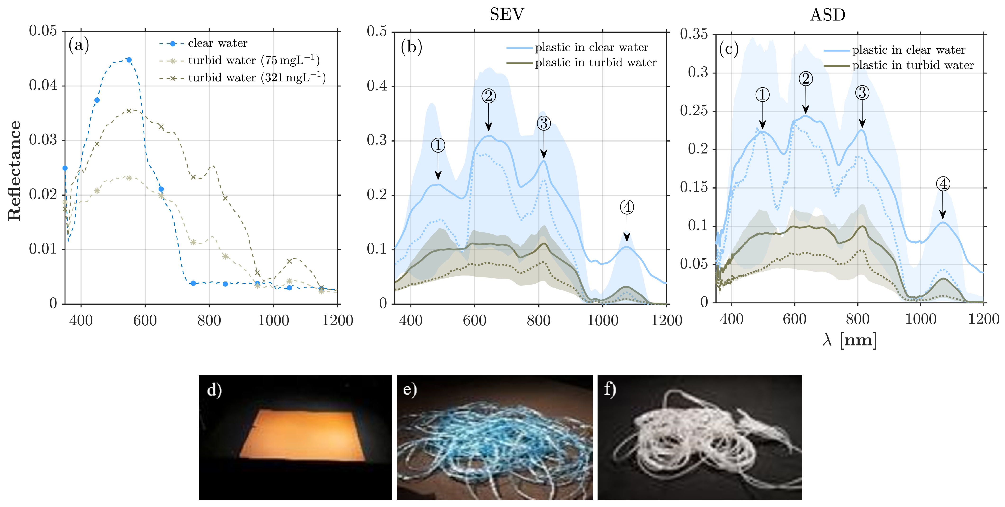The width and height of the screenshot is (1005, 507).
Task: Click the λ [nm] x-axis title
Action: coord(849,340)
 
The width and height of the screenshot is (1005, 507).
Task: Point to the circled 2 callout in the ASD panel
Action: coord(805,79)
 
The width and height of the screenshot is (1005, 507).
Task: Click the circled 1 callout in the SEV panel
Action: coord(438,145)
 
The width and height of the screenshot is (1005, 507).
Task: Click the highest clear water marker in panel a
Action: coord(129,60)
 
